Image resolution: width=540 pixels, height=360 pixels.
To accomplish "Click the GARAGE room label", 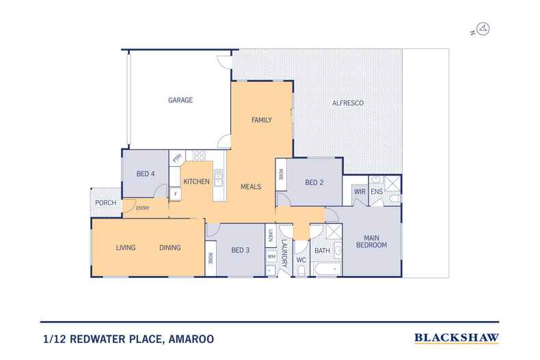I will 180,100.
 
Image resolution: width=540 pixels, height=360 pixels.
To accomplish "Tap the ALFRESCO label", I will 347,102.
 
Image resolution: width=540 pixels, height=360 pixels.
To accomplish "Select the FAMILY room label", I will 262,120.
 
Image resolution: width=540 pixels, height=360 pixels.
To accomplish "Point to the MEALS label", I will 251,186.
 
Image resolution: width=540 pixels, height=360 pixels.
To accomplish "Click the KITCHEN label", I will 197,181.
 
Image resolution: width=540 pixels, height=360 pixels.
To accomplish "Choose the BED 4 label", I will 146,174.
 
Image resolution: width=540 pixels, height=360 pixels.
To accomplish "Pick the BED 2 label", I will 314,182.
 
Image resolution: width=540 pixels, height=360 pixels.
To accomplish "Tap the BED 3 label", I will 240,250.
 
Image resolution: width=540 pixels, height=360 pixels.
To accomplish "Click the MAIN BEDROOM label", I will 370,240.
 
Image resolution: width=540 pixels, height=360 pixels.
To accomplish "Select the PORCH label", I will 105,202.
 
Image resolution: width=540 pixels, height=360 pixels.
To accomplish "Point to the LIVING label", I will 126,248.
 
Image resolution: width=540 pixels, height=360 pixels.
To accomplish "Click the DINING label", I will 170,248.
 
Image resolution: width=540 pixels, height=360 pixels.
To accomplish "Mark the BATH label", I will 321,251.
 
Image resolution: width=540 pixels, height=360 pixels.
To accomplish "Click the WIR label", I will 360,192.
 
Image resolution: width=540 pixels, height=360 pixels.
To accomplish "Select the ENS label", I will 377,192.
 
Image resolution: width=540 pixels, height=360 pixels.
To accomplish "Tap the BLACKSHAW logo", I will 457,337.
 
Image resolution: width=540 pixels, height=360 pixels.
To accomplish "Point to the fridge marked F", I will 176,194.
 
